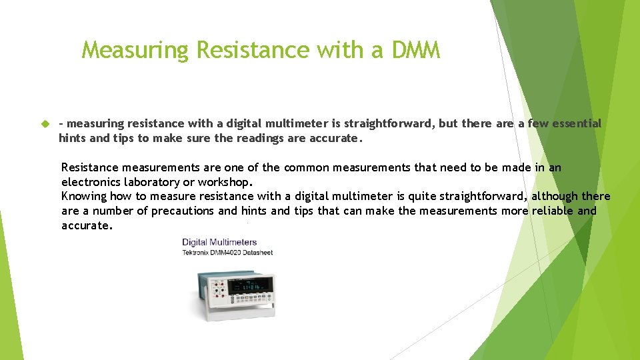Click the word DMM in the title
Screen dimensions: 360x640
416,50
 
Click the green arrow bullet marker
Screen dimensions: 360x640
45,124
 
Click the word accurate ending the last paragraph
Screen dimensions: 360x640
86,225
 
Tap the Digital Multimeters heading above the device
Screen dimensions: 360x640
219,242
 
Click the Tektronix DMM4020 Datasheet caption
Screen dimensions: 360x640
227,253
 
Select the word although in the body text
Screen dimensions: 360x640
555,196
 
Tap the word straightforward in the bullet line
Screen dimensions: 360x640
389,123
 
